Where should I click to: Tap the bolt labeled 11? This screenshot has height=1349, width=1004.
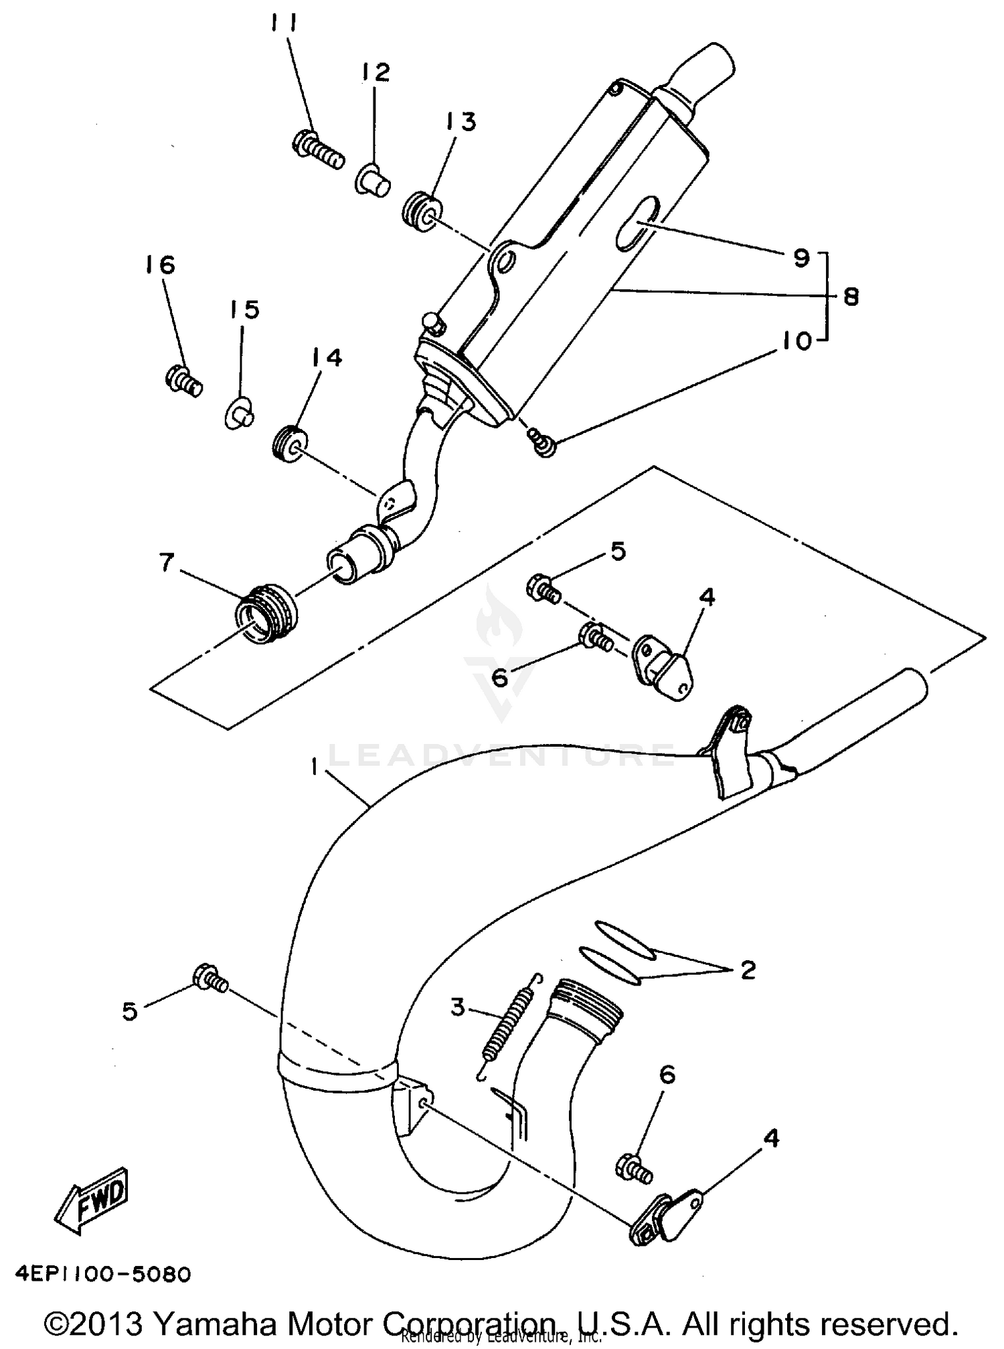pyautogui.click(x=318, y=151)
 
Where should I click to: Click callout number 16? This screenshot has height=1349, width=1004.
pyautogui.click(x=159, y=265)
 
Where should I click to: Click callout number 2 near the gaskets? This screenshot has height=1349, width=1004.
pyautogui.click(x=746, y=970)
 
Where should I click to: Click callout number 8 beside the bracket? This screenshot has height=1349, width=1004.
pyautogui.click(x=851, y=296)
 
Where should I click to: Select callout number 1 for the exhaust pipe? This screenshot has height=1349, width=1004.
pyautogui.click(x=315, y=769)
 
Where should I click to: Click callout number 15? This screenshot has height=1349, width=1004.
pyautogui.click(x=244, y=310)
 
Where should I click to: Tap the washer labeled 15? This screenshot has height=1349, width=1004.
pyautogui.click(x=239, y=411)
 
